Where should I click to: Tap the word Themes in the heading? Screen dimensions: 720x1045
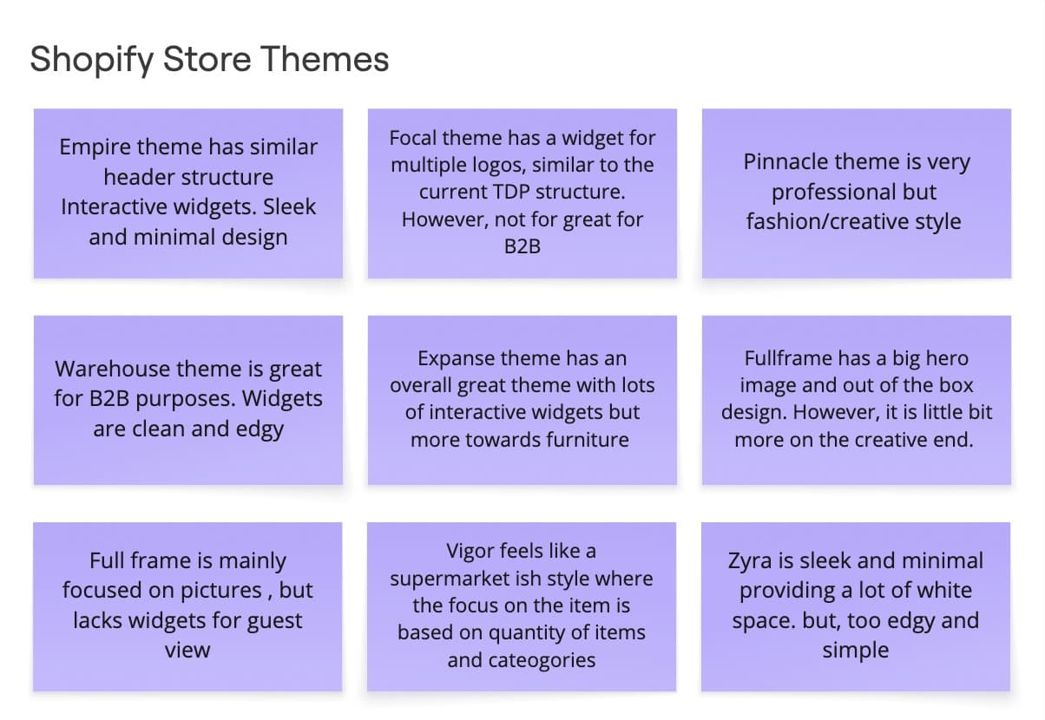coord(326,60)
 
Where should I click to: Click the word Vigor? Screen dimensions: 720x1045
coord(472,550)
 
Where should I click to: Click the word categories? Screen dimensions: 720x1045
coord(545,660)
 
